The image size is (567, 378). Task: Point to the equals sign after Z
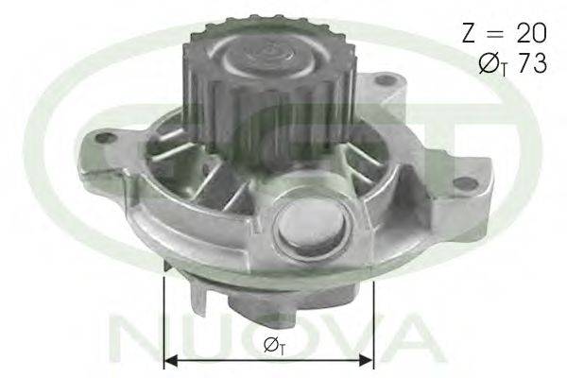click(x=495, y=34)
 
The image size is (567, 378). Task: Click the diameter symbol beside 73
click(x=489, y=63)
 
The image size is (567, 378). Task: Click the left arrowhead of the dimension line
click(x=171, y=360)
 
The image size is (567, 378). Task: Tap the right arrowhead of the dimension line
click(x=366, y=360)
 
